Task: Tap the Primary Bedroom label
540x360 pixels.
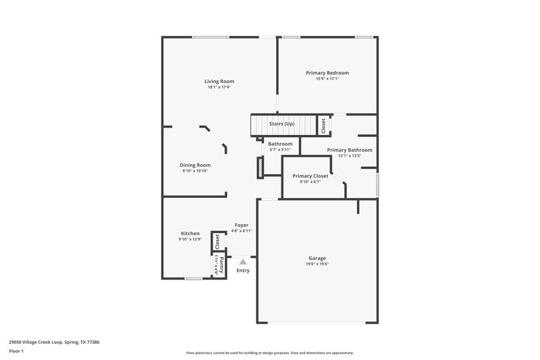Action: [x=327, y=73]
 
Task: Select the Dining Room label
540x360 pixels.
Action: [x=195, y=165]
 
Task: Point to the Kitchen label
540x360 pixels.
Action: [x=190, y=234]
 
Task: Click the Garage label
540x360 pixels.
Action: [x=317, y=258]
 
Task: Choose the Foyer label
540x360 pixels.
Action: [x=242, y=225]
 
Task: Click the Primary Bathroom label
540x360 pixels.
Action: [x=349, y=150]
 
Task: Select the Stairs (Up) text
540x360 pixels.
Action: [x=282, y=124]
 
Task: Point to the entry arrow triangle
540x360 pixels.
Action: [x=243, y=261]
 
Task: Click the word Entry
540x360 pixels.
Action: [x=243, y=271]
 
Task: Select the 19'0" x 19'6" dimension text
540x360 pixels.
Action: [x=317, y=264]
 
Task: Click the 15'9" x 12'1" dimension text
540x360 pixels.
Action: [x=327, y=79]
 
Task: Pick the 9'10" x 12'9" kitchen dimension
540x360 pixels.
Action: [x=190, y=240]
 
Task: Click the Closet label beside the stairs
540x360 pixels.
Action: [x=323, y=125]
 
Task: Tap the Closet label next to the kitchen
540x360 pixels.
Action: [x=217, y=240]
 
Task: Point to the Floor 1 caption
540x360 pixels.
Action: [x=16, y=352]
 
